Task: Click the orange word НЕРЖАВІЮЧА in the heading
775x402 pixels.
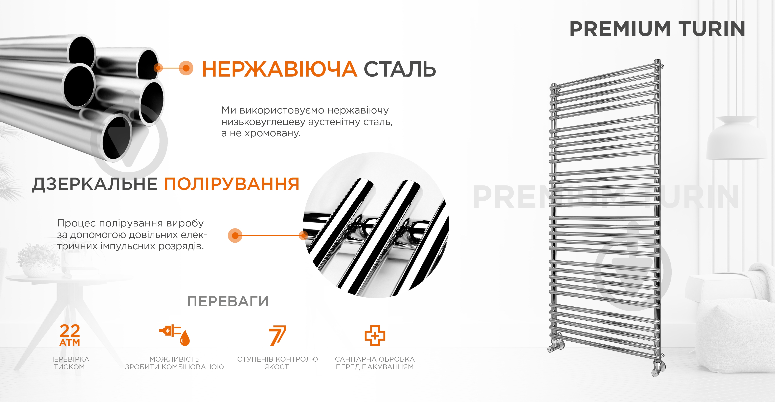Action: click(x=279, y=69)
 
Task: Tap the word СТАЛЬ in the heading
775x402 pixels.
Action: click(x=400, y=69)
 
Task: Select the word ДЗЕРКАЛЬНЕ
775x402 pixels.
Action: click(x=95, y=184)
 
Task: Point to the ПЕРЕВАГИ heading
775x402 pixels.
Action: click(x=228, y=301)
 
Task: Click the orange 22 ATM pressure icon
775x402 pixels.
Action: click(x=70, y=335)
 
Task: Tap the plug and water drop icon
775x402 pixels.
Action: click(x=175, y=335)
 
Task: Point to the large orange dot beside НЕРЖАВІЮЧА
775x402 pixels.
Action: click(x=186, y=68)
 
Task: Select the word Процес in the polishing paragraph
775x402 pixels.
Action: click(x=77, y=223)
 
